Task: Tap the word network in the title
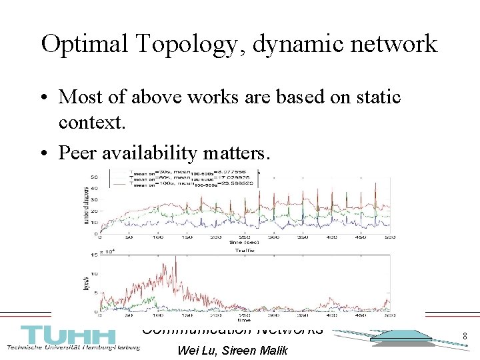(394, 45)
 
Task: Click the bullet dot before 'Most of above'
(47, 97)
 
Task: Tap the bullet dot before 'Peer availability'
(47, 154)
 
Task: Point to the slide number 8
(464, 337)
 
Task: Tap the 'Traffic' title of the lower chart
(246, 251)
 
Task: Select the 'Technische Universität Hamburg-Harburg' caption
(73, 349)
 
